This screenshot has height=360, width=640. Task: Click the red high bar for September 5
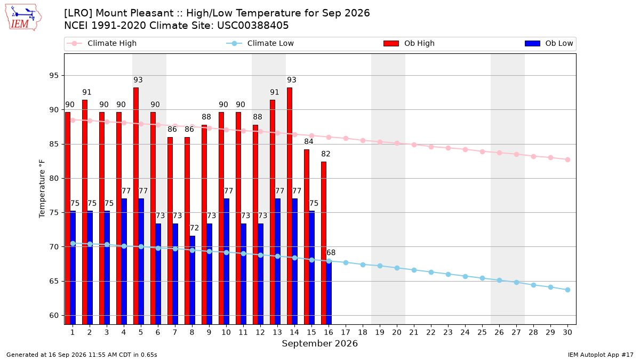[x=136, y=206]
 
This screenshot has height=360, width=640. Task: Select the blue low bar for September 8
[x=193, y=280]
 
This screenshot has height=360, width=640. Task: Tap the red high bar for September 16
[x=324, y=243]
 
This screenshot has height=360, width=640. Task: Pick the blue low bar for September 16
[x=329, y=293]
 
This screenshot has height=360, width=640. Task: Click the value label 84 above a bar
[x=309, y=141]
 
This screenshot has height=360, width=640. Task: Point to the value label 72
[x=194, y=228]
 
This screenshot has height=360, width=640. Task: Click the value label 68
[x=331, y=253]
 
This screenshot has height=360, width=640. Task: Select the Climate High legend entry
[x=102, y=43]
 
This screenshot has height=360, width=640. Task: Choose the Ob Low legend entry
[x=549, y=43]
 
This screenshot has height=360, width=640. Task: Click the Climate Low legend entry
[x=260, y=43]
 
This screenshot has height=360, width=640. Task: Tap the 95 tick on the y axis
[x=54, y=75]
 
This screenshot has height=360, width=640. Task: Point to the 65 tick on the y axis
[x=54, y=281]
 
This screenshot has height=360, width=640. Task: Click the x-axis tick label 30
[x=567, y=332]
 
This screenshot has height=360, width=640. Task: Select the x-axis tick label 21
[x=414, y=332]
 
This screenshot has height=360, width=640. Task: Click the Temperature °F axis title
[x=42, y=189]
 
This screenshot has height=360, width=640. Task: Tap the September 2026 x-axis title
[x=319, y=343]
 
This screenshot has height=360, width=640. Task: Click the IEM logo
[x=23, y=18]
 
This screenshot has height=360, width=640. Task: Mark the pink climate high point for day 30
[x=567, y=159]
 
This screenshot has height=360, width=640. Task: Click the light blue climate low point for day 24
[x=465, y=276]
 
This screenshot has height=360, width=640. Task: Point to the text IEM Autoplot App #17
[x=601, y=355]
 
